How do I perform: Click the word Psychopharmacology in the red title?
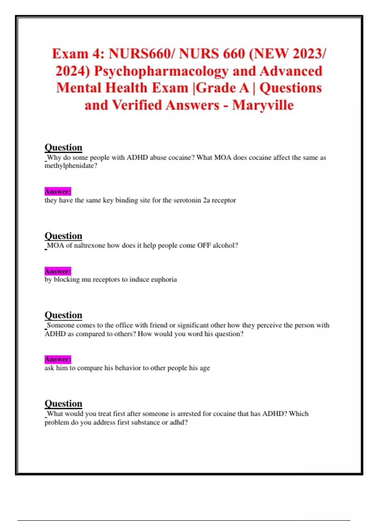point(161,71)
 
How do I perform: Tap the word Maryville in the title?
point(263,105)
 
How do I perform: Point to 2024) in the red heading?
point(73,71)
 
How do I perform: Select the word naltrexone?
point(90,245)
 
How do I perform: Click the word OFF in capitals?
point(204,245)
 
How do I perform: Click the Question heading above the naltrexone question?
point(63,236)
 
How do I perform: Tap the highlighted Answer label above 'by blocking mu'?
point(58,271)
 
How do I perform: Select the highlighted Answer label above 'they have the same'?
point(58,192)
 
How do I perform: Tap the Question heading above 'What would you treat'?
point(63,404)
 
